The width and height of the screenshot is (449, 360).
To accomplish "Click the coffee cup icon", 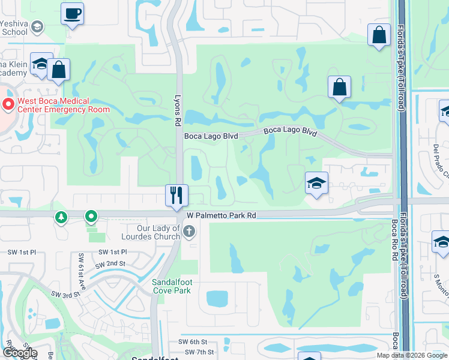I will pos(72,13).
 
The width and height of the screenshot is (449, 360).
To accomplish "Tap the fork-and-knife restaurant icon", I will pos(176,195).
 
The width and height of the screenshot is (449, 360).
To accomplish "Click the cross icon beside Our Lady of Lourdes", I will pos(188,232).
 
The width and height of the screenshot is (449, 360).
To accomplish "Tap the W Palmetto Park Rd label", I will pos(221,215).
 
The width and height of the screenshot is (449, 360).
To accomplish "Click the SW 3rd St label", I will pos(65,295).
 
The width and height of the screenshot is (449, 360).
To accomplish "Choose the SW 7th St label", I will pos(200,352).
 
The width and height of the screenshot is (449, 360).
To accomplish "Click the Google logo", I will pos(19,353).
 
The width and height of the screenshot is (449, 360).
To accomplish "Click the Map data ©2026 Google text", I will pos(412,355).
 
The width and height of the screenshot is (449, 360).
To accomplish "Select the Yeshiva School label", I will pos(14,28).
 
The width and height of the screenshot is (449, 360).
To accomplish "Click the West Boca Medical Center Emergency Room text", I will pos(64,105).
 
